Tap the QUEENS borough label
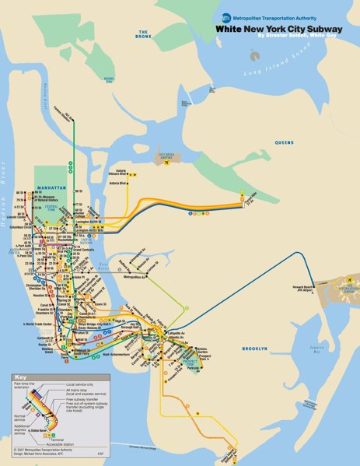(x=285, y=142)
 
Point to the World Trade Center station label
(x=40, y=323)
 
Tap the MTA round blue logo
(x=226, y=17)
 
